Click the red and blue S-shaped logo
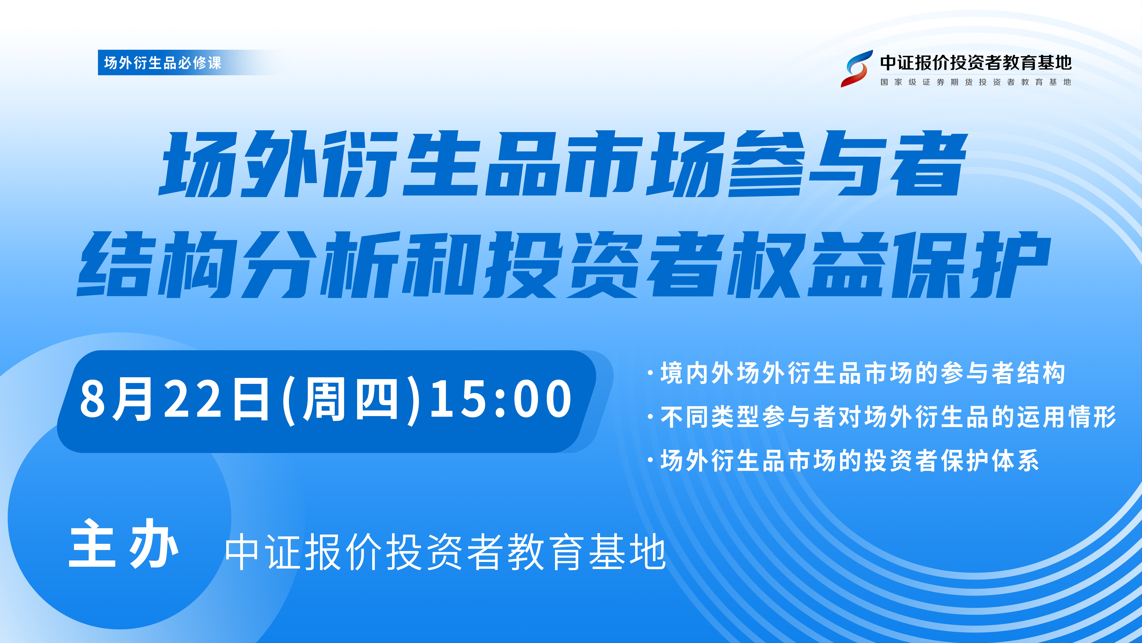point(856,69)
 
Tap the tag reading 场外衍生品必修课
point(163,62)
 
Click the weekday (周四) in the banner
point(350,400)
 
